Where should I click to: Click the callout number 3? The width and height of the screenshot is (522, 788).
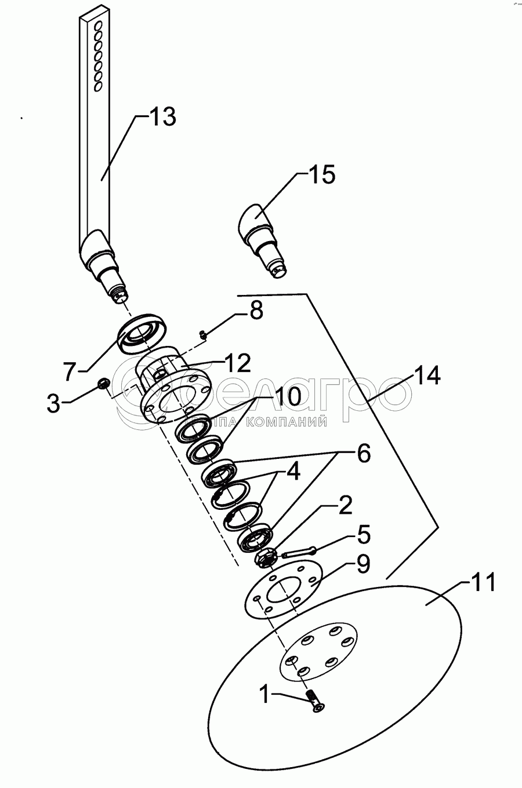53,404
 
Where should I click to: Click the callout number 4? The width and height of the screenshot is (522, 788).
292,472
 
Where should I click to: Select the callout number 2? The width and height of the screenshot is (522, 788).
345,506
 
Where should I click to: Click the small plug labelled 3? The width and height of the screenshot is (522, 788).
104,383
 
